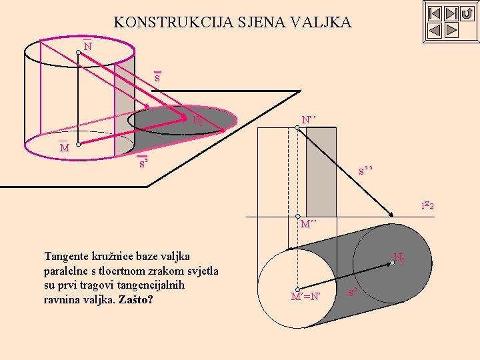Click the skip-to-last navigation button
[451, 13]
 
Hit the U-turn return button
[467, 13]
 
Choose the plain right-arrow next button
[451, 30]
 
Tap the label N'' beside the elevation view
[308, 119]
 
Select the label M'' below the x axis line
[308, 224]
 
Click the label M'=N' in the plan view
[305, 297]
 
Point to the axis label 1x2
[427, 205]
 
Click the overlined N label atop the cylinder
[87, 47]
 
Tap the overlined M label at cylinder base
[65, 147]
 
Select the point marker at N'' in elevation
[297, 128]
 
